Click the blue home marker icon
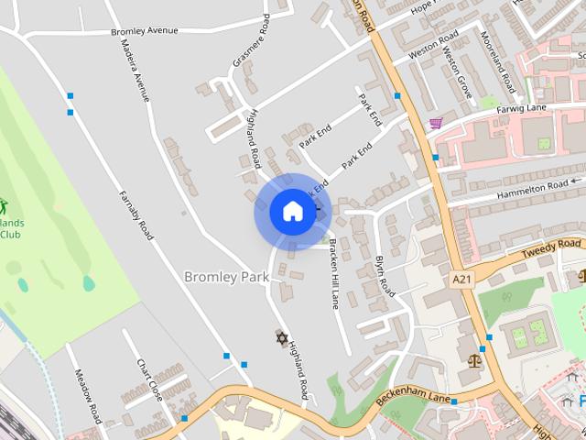292,212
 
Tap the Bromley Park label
225,276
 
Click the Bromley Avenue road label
144,31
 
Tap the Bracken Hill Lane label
334,273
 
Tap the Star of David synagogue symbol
281,337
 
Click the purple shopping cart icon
436,123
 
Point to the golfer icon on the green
3,205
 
